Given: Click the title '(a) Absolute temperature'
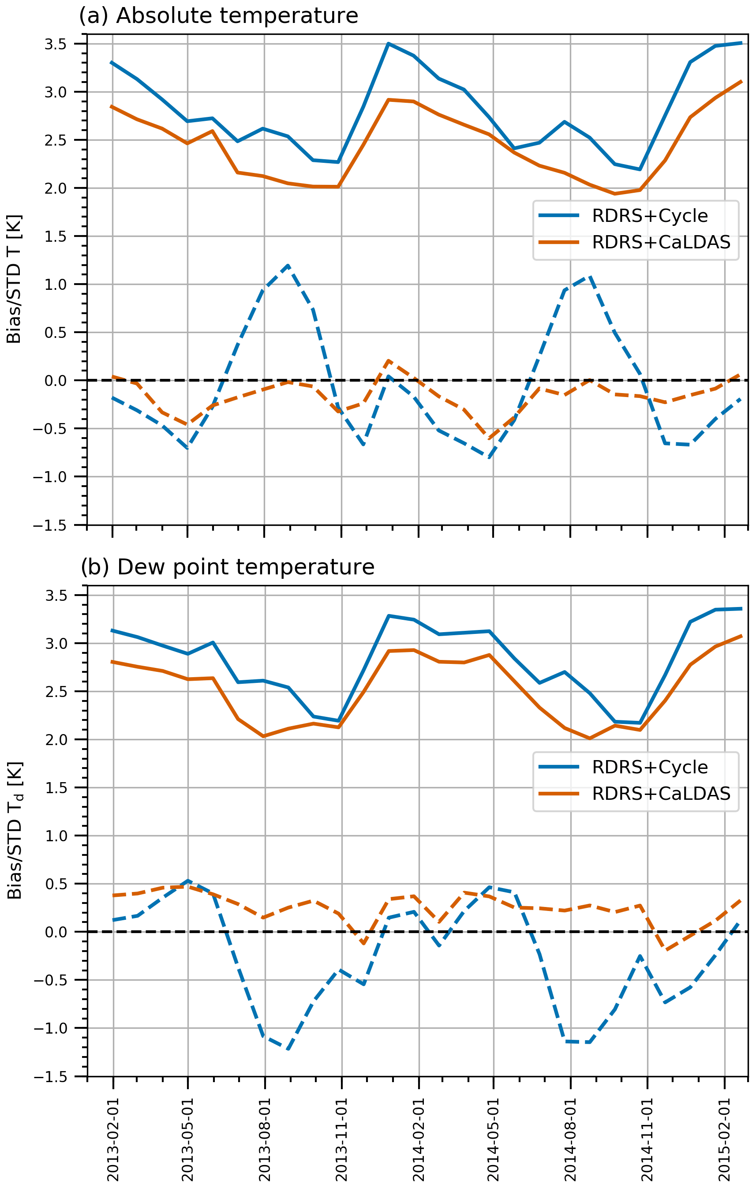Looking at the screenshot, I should click(218, 16).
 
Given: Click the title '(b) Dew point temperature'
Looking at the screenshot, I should click(227, 567).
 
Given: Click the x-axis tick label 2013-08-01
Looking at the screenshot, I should click(265, 1139).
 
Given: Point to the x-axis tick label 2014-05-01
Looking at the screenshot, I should click(493, 1139).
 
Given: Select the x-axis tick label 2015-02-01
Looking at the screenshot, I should click(724, 1139).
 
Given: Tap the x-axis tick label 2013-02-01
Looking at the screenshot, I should click(113, 1139).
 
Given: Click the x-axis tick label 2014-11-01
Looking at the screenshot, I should click(647, 1139).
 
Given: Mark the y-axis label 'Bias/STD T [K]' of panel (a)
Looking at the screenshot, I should click(14, 279).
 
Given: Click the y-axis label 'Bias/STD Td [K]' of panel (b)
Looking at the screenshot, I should click(15, 830).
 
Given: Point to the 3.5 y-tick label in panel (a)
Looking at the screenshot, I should click(55, 45).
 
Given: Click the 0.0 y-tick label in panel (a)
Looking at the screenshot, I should click(55, 381).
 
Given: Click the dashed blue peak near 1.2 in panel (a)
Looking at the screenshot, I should click(288, 266).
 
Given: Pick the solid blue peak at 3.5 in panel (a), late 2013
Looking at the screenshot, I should click(389, 44).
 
